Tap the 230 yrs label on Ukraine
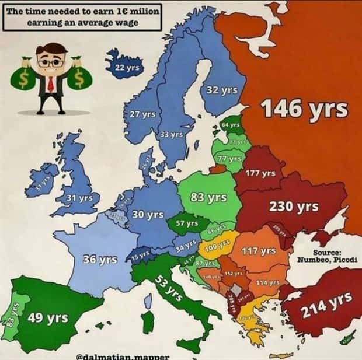pos(294,207)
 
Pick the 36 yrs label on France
pos(100,258)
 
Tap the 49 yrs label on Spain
pos(48,318)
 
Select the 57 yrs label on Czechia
pos(187,223)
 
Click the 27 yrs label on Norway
pos(142,114)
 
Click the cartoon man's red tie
pos(51,82)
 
